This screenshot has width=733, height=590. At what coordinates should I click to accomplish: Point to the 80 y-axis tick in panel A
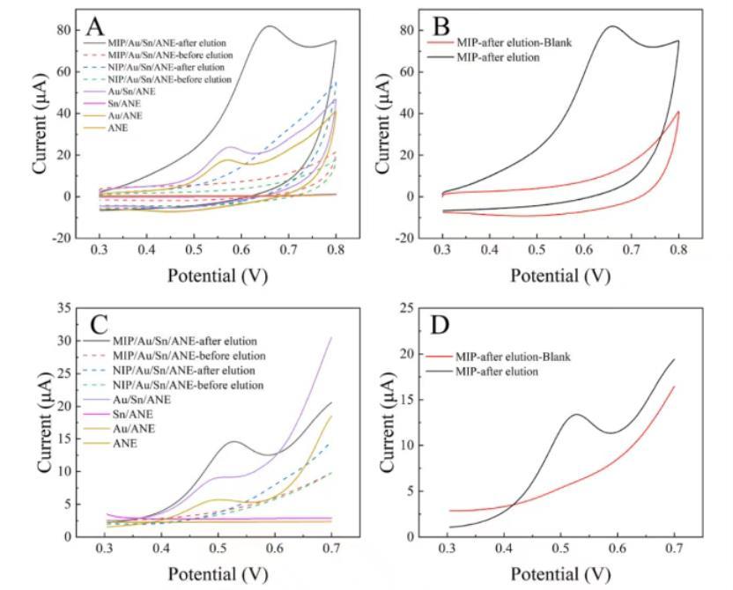(x=70, y=29)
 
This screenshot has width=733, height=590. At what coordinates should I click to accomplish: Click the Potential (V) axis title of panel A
(x=218, y=276)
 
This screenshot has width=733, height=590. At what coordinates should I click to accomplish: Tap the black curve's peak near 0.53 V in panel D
(x=576, y=414)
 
